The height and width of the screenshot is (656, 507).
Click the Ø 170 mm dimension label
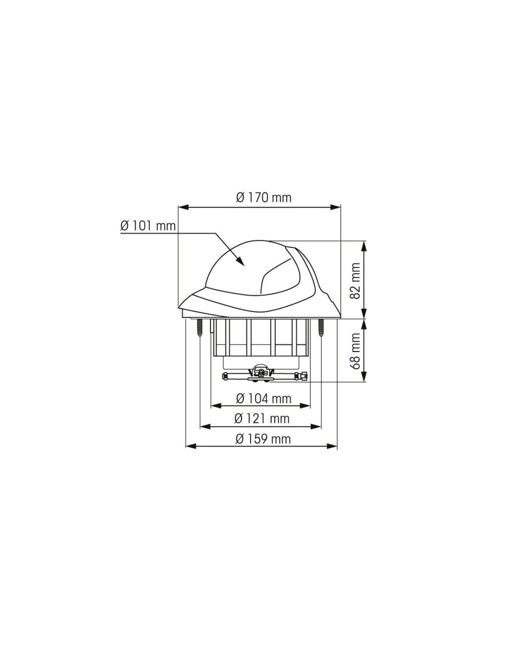(263, 198)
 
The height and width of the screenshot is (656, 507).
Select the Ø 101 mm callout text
(148, 226)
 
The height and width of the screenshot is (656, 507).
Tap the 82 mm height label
(356, 280)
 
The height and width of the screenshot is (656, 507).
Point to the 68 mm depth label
(356, 351)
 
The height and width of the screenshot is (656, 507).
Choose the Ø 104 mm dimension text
(263, 399)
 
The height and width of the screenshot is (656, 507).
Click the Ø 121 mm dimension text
(262, 418)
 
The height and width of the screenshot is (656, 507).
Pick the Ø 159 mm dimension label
(263, 439)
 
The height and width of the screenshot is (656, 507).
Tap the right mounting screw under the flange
(321, 327)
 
